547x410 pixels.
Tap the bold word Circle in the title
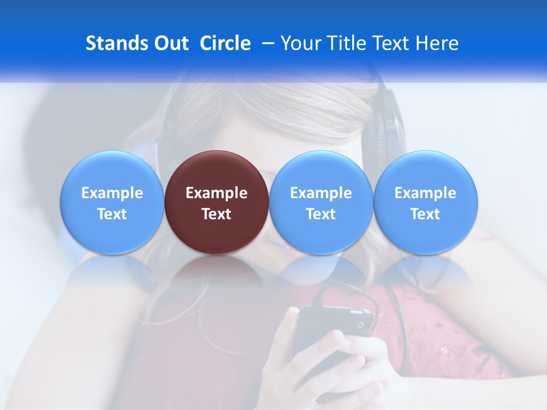click(225, 43)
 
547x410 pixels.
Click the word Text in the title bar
click(392, 43)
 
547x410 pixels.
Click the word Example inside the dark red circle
click(217, 193)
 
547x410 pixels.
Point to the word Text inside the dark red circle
click(217, 214)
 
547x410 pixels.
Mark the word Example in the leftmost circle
click(112, 193)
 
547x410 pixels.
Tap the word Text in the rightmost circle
click(426, 214)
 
